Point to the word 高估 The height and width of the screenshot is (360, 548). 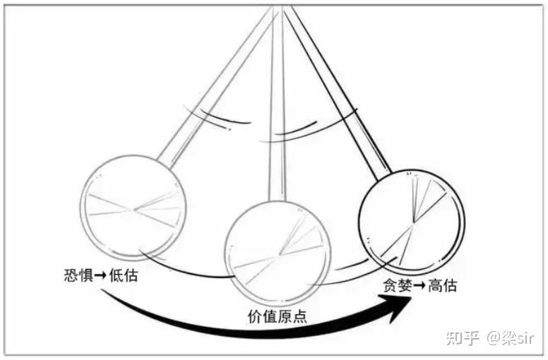click(x=443, y=285)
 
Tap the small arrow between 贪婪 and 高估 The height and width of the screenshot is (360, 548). click(x=420, y=286)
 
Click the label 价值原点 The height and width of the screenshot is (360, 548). click(x=278, y=316)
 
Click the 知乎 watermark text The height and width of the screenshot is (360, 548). click(x=462, y=337)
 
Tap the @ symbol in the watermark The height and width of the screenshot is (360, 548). click(x=494, y=338)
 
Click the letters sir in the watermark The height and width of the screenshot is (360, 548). click(x=525, y=338)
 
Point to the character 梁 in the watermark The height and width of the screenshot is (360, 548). click(x=509, y=337)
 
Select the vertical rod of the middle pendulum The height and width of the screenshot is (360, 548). click(x=278, y=104)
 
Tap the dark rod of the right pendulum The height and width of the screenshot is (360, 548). click(x=338, y=92)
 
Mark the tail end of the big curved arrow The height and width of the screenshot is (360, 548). click(x=102, y=290)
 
